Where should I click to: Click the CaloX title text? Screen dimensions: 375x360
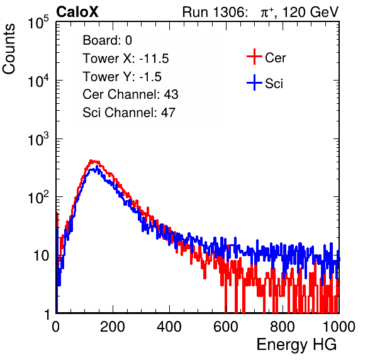[x=77, y=12]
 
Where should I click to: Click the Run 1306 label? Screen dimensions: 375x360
[x=215, y=12]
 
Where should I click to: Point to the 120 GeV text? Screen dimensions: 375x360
[x=310, y=12]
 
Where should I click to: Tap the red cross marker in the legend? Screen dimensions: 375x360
[x=254, y=57]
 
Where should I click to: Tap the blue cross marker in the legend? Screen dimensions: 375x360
[x=254, y=82]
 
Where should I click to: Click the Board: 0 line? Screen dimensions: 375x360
[x=107, y=40]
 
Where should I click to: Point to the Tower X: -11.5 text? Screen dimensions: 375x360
[x=126, y=59]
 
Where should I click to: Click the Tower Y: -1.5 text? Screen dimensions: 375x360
[x=122, y=77]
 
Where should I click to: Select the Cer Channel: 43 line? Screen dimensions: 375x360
[x=130, y=94]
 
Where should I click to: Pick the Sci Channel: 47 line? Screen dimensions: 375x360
[x=129, y=113]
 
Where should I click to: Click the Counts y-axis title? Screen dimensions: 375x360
[x=9, y=49]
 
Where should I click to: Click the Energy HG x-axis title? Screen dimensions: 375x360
[x=296, y=345]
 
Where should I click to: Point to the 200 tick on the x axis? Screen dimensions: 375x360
[x=113, y=327]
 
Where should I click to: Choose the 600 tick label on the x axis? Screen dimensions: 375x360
[x=226, y=327]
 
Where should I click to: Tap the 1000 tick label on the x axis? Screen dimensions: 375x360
[x=339, y=327]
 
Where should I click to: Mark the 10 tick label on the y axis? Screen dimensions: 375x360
[x=42, y=256]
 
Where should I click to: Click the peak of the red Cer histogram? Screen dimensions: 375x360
[x=91, y=160]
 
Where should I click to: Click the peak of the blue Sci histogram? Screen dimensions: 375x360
[x=97, y=167]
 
